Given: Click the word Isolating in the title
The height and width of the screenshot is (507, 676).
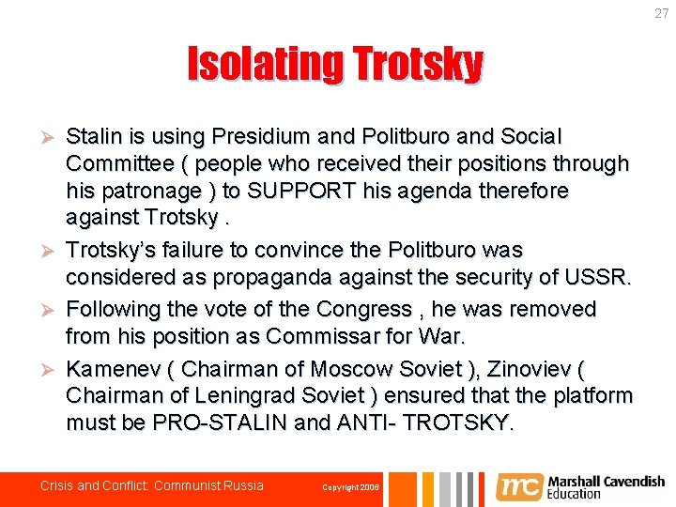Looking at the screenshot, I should coord(265,65).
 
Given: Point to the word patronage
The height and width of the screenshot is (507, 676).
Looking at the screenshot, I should coord(146,191).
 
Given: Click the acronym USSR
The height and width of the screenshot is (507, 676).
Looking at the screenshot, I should coord(603,278).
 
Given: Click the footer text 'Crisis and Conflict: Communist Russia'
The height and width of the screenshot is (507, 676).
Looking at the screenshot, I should coord(152,485).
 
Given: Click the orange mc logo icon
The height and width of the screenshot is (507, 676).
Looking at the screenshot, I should coord(518,486).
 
